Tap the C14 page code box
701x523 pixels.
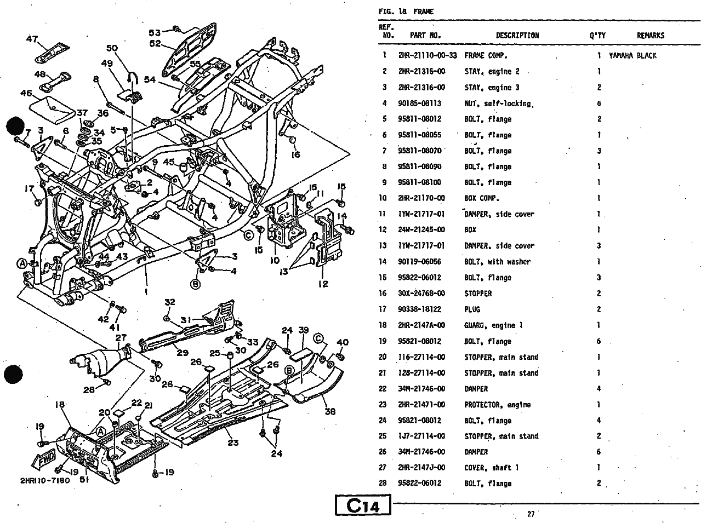(x=363, y=506)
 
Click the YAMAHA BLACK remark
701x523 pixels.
(x=632, y=55)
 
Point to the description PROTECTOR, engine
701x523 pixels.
(x=497, y=405)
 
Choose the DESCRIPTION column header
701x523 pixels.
(x=517, y=36)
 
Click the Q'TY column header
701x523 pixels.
(x=597, y=36)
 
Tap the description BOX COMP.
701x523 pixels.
(x=482, y=198)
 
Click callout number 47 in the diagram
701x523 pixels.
(x=32, y=39)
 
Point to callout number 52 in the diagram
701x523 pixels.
(x=155, y=44)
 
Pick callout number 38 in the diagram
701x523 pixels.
(x=329, y=411)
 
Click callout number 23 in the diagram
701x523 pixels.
(x=233, y=442)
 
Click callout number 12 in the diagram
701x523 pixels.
(x=323, y=284)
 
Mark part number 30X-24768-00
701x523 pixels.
(x=421, y=294)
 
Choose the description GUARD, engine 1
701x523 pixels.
(x=493, y=325)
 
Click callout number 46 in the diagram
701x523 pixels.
(x=26, y=93)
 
